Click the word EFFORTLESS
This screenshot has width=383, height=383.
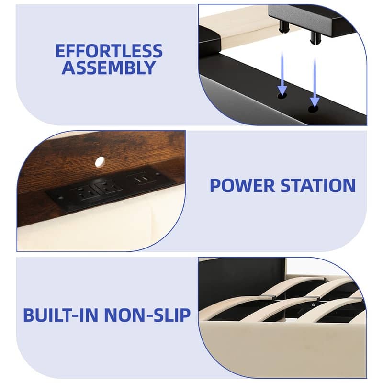(x=109, y=51)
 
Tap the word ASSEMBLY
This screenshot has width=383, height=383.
(x=109, y=68)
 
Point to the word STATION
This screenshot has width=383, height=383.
(x=318, y=186)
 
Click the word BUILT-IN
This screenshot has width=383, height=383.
(x=61, y=315)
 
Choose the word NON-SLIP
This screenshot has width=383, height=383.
(x=147, y=315)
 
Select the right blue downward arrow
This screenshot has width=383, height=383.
(x=315, y=83)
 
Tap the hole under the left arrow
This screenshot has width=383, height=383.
(x=282, y=96)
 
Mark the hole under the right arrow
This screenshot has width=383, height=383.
(x=314, y=109)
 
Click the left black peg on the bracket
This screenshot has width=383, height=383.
(x=284, y=26)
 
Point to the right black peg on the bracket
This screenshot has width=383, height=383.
(x=315, y=37)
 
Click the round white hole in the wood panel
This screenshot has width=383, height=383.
(x=100, y=162)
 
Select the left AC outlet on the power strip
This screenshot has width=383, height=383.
(x=87, y=192)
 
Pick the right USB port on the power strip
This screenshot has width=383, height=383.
(x=146, y=178)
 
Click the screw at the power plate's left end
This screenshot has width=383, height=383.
(x=61, y=197)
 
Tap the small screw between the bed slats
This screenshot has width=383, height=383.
(x=313, y=305)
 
